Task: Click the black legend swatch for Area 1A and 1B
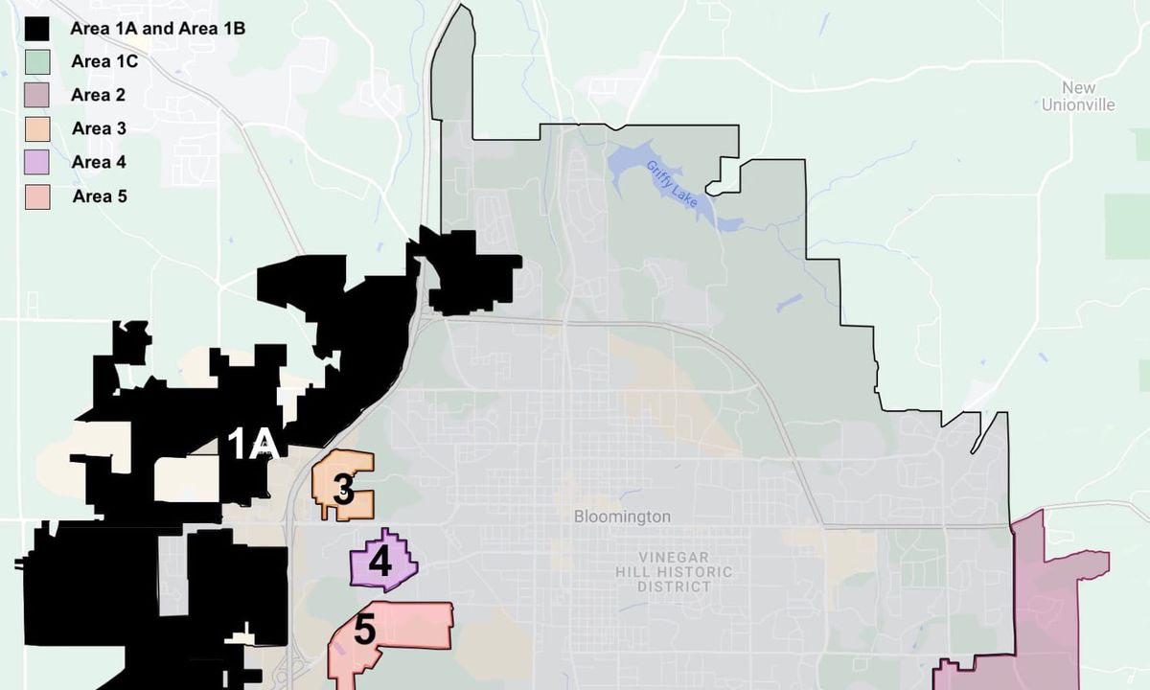point(37,29)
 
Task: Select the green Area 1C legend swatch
point(37,62)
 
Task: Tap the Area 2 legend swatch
point(37,96)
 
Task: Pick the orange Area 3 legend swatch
point(37,129)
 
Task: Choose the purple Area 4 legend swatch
point(37,163)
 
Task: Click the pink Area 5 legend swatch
point(37,197)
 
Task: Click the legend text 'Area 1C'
point(104,62)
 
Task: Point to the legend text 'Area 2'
point(98,96)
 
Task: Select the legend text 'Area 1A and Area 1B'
point(157,29)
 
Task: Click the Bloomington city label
point(622,517)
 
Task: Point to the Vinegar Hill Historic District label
point(686,572)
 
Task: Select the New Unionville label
point(1078,97)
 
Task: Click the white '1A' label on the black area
point(253,444)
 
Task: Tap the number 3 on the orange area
point(343,491)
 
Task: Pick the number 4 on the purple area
point(380,562)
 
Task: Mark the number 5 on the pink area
point(365,630)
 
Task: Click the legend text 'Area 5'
point(99,197)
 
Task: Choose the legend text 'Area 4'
point(99,163)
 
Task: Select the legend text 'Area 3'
point(99,129)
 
